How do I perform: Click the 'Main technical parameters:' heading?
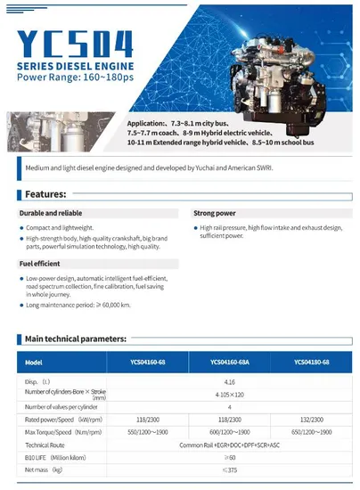tap(76, 339)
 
